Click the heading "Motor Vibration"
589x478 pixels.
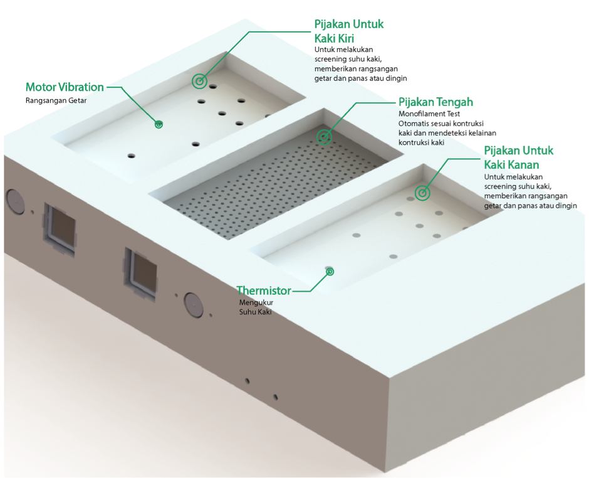point(65,87)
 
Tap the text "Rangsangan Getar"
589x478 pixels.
point(56,100)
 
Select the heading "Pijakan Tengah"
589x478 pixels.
point(435,102)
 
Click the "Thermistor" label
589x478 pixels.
point(264,291)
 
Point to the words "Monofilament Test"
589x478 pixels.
point(429,114)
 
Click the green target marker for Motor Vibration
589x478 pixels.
point(159,124)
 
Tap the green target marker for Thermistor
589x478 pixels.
point(330,271)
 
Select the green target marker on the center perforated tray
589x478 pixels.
point(324,137)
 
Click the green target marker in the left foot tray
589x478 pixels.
point(199,81)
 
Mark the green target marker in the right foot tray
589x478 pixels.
point(422,193)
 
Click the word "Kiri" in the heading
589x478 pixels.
point(342,38)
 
